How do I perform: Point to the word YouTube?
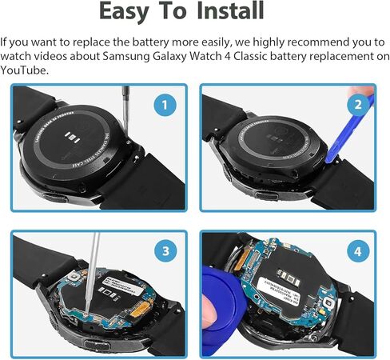coord(25,70)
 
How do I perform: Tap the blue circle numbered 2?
coord(358,104)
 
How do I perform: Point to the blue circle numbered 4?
coord(358,251)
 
